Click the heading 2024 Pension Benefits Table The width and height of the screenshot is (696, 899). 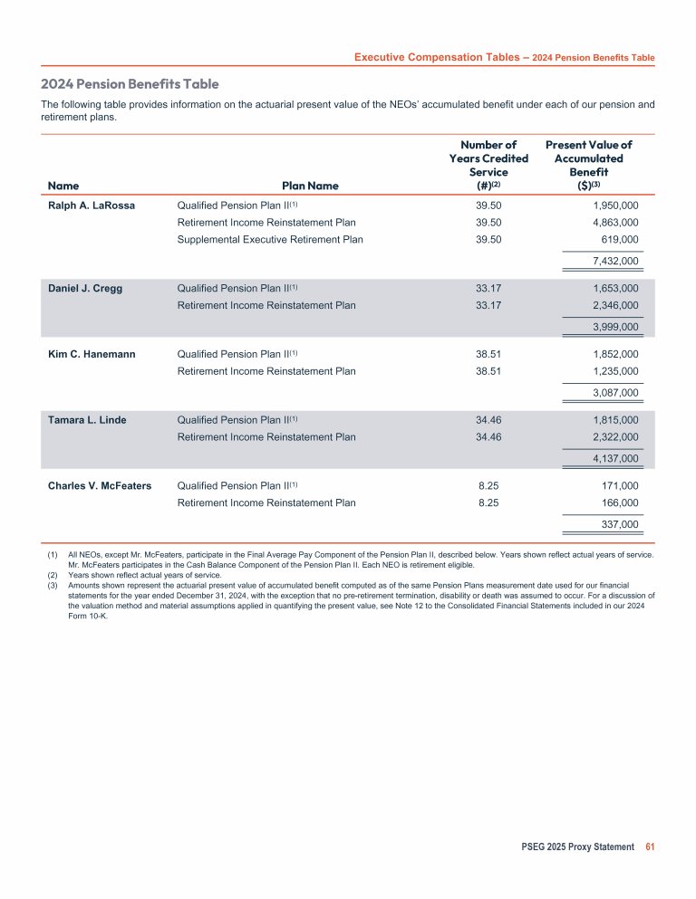coord(130,84)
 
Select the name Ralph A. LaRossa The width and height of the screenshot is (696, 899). coord(92,206)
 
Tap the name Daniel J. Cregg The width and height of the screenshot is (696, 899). coord(85,289)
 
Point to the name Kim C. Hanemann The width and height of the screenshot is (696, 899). coord(92,354)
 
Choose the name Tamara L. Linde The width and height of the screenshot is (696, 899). coord(87,420)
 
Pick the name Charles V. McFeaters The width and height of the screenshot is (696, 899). coord(100,485)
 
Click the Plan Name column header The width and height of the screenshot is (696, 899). coord(310,186)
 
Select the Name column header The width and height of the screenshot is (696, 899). coord(63,186)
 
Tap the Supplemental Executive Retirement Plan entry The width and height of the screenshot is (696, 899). coord(270,240)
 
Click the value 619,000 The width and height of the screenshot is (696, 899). coord(620,240)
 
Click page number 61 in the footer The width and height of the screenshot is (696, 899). coord(650,847)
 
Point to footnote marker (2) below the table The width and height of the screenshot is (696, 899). coord(53,574)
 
